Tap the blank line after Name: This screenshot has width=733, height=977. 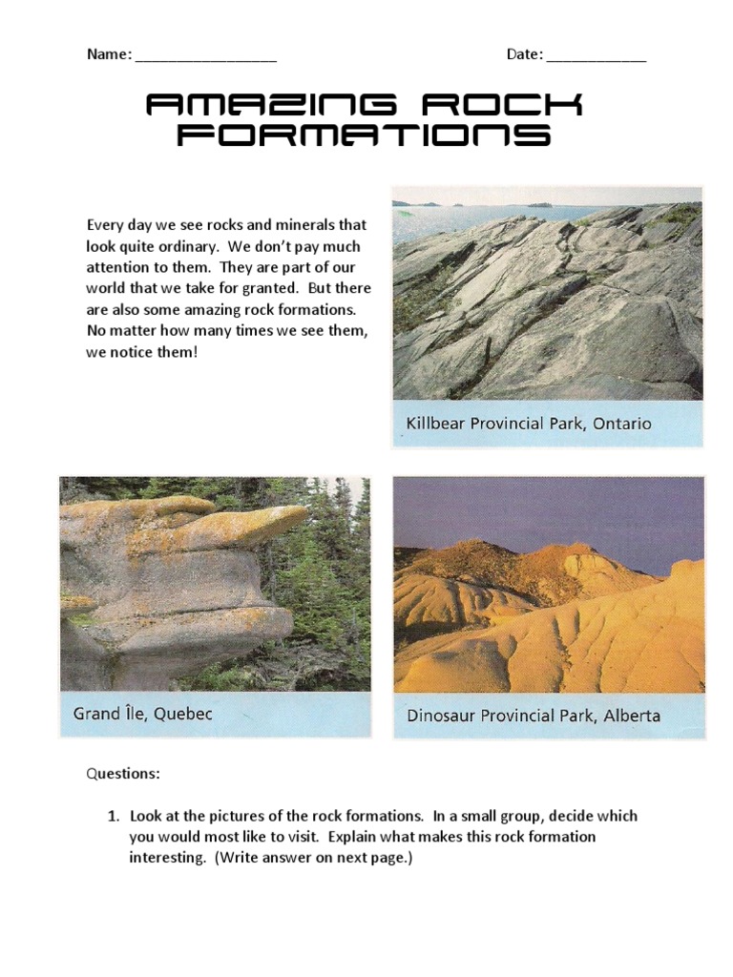point(205,55)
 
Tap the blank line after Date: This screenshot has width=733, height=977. point(596,55)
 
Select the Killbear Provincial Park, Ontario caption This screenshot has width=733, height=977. point(528,423)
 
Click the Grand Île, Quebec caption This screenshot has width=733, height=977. point(142,714)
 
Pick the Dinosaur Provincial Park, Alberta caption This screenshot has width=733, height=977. point(533,715)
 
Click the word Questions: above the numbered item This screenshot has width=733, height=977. point(123,774)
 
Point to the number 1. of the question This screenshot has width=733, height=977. point(113,816)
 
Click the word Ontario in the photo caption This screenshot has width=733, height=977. point(621,423)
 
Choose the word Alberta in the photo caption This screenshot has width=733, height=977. point(631,715)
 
